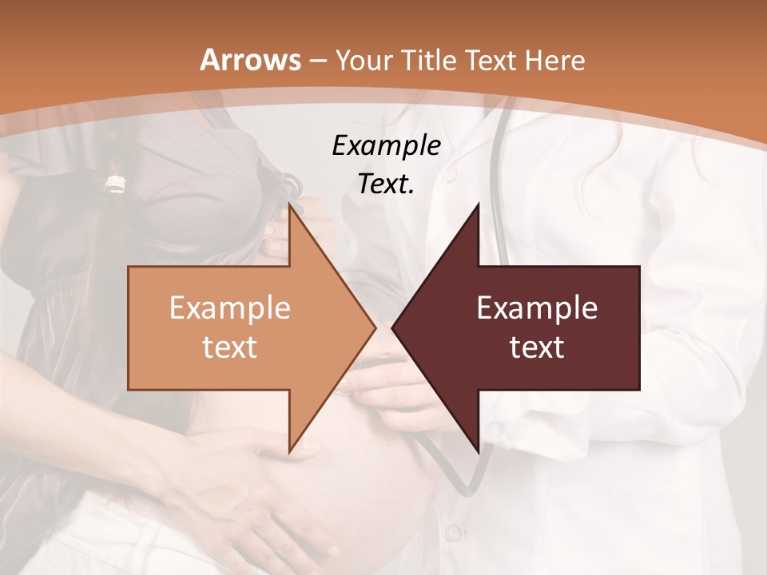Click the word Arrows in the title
[251, 61]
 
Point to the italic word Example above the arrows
[386, 146]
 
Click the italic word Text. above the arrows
[386, 184]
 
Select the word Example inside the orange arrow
[229, 308]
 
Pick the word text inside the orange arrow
[229, 347]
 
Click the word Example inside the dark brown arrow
[537, 308]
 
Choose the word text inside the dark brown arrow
[537, 347]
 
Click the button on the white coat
[453, 531]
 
